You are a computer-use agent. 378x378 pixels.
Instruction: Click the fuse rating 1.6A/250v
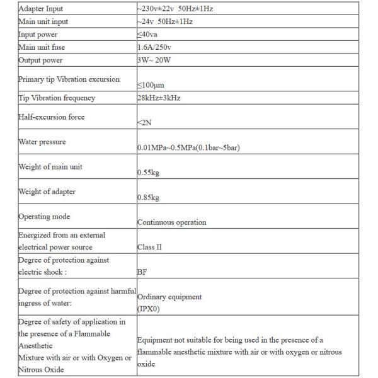[156, 47]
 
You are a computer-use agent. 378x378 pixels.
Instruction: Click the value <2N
[144, 123]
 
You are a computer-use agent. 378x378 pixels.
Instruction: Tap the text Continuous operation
[171, 222]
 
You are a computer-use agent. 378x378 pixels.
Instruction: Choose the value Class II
[149, 247]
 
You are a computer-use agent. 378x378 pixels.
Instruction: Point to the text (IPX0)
[148, 309]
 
